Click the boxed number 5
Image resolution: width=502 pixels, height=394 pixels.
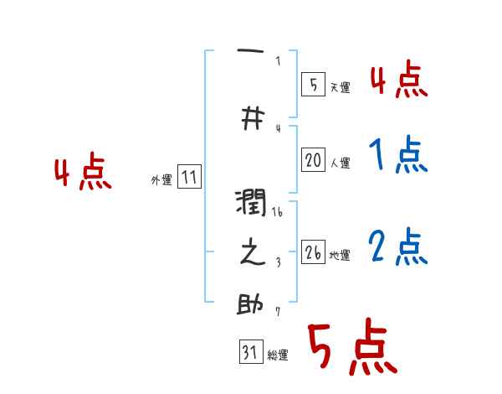click(313, 84)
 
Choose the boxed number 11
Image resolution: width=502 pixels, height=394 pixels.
click(189, 178)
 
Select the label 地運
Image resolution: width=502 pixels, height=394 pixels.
click(340, 255)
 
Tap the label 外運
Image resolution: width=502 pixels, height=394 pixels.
click(161, 180)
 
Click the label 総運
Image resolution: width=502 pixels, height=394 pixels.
click(278, 355)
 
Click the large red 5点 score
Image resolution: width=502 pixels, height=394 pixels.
click(351, 348)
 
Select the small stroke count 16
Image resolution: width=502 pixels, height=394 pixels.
click(278, 214)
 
